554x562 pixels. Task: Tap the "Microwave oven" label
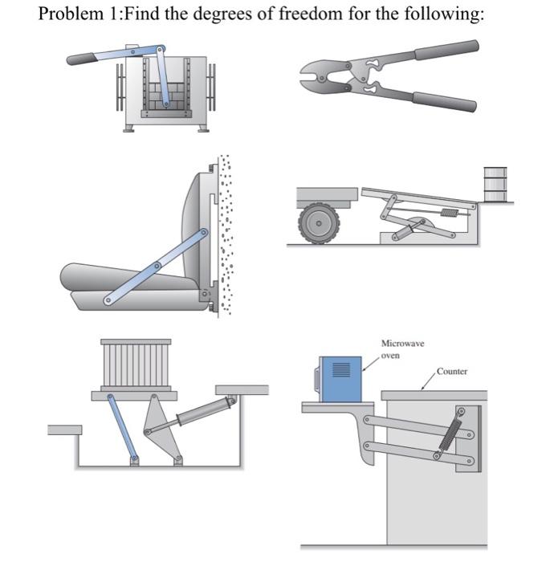pyautogui.click(x=402, y=348)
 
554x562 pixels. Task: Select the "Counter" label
pyautogui.click(x=452, y=372)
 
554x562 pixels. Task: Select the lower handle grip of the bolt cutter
pyautogui.click(x=444, y=103)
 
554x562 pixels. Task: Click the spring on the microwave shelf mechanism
pyautogui.click(x=450, y=433)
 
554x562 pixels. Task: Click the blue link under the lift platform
pyautogui.click(x=124, y=429)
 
